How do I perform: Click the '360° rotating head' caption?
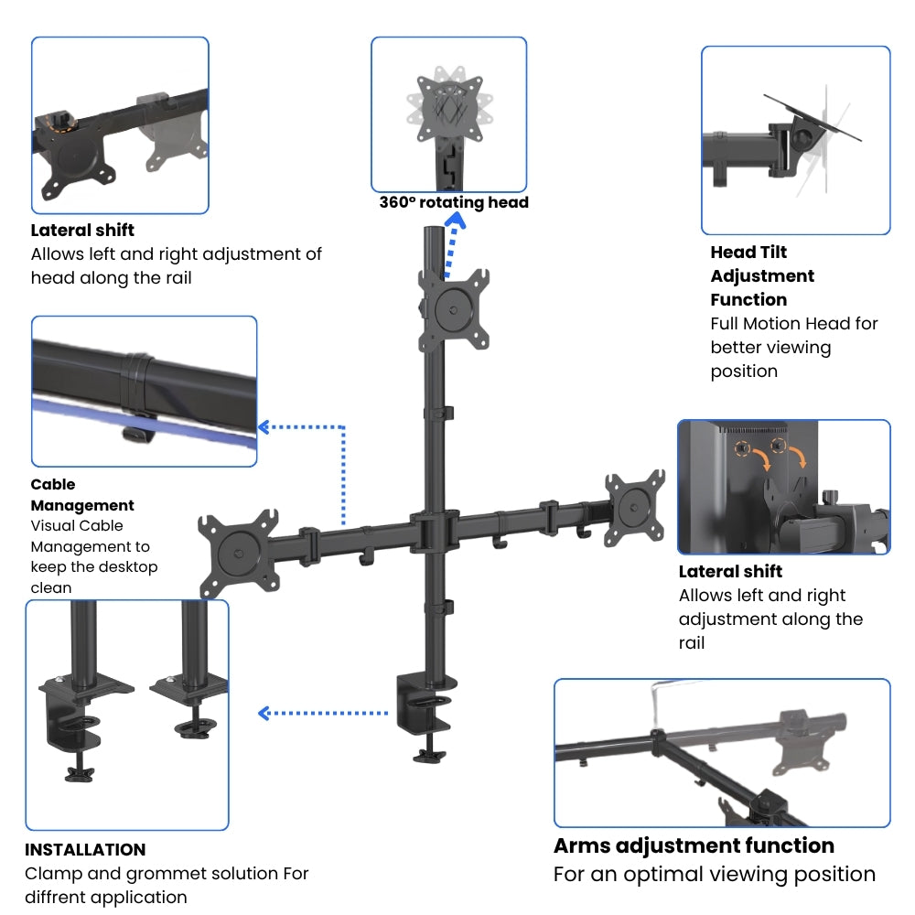point(454,202)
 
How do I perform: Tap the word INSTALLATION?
point(85,849)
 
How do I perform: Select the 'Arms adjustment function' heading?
point(694,845)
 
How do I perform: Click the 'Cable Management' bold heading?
point(82,495)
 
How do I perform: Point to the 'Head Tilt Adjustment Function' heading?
point(762,275)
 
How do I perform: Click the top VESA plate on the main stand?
point(453,309)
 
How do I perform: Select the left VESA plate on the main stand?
point(240,551)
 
